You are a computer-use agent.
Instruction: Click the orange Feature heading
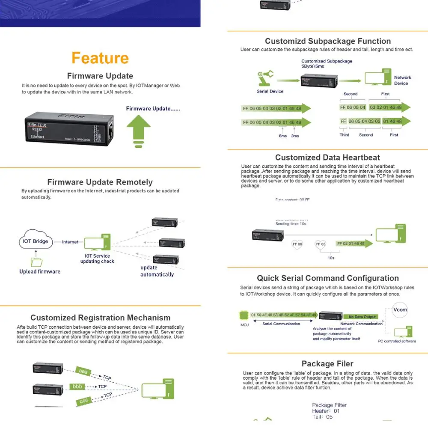coord(100,58)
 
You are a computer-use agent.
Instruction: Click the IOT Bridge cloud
coord(36,242)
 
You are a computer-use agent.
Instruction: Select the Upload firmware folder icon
coord(37,262)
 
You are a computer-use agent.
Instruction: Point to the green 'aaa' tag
coord(83,372)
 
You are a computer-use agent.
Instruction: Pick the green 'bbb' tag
coord(77,386)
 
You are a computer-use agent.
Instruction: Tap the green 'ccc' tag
coord(84,401)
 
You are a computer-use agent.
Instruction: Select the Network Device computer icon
coord(377,77)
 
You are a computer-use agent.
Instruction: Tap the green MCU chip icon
coord(244,316)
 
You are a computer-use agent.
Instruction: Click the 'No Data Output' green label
coord(362,317)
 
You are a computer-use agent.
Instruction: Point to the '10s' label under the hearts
coord(331,258)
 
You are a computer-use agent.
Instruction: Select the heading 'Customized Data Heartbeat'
coord(327,158)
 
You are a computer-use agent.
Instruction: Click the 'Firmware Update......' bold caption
coord(153,109)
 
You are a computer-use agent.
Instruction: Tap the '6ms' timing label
coord(283,136)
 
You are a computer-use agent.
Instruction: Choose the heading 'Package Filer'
coord(327,363)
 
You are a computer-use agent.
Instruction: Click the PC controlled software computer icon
coord(400,332)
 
